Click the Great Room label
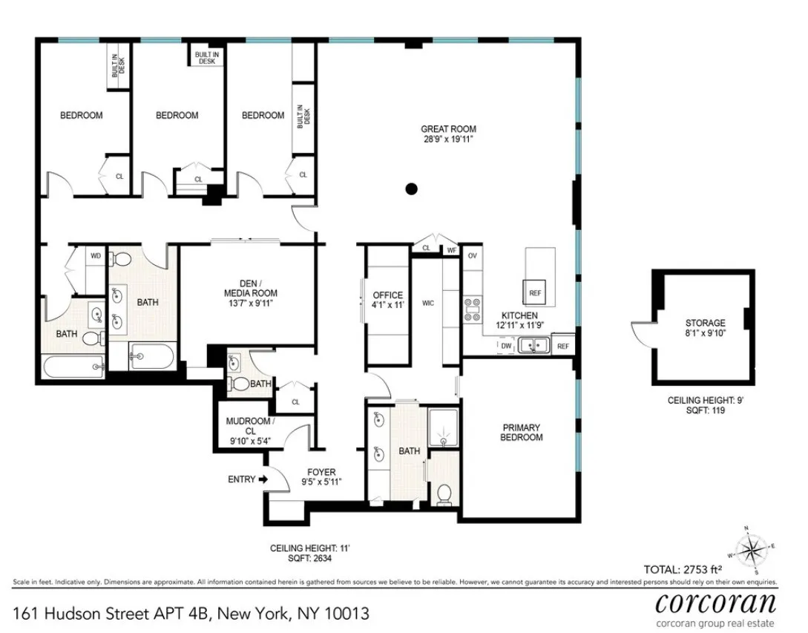pos(448,134)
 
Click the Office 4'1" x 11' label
pos(387,300)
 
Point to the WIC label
pos(427,304)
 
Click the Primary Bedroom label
pos(521,432)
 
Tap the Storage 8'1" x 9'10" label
pos(705,327)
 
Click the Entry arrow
pos(263,479)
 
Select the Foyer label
pos(321,476)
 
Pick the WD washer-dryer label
pos(96,256)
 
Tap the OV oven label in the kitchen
pos(472,255)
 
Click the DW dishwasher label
pos(505,346)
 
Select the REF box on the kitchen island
pos(535,292)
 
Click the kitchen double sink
pos(533,344)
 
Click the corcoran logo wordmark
pos(715,601)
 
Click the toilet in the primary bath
pos(444,493)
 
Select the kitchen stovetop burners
pos(472,309)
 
